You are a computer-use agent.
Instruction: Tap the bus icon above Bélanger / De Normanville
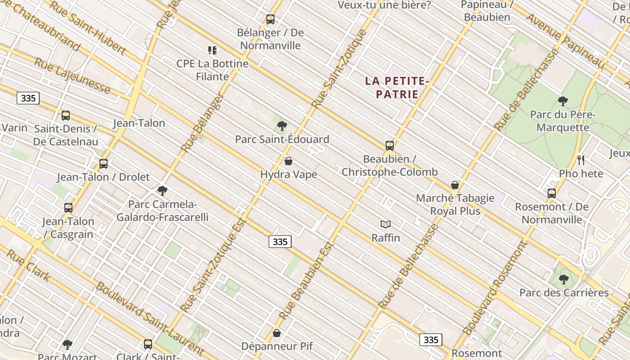(270, 19)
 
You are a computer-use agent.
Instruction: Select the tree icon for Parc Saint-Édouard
(282, 126)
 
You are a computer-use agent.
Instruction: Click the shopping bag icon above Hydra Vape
(288, 161)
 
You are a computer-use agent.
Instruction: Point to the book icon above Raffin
(386, 224)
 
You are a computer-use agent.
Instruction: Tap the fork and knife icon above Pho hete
(581, 160)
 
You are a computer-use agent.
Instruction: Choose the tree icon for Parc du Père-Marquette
(562, 101)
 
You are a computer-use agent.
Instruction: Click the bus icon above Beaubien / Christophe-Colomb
(390, 145)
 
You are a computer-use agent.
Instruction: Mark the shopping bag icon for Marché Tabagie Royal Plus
(455, 184)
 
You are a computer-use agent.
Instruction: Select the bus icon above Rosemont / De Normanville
(552, 193)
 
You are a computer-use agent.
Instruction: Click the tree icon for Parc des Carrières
(563, 279)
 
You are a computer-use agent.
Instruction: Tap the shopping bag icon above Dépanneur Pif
(277, 333)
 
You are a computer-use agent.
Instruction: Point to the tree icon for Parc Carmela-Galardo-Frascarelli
(162, 190)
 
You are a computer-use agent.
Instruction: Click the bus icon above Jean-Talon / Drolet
(103, 163)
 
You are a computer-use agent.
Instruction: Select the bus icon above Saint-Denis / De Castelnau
(66, 116)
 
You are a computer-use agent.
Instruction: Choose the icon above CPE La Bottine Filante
(212, 50)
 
